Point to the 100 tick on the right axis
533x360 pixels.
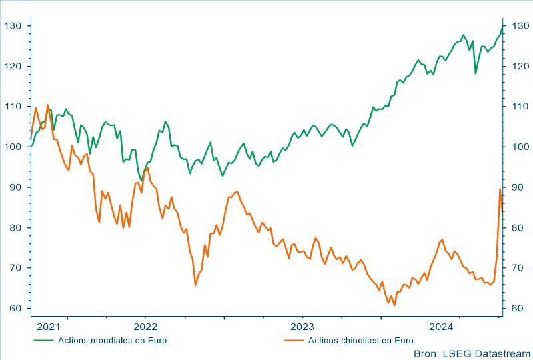(x=517, y=147)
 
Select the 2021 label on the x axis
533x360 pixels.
(x=49, y=327)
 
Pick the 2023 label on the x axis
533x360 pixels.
(x=302, y=327)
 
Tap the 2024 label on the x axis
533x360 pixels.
(x=442, y=327)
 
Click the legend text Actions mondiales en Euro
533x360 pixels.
(x=112, y=340)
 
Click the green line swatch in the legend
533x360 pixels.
(x=43, y=340)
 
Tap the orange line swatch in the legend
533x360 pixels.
(x=294, y=340)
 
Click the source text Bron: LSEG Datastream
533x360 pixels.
(x=472, y=353)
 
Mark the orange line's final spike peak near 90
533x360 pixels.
(x=500, y=189)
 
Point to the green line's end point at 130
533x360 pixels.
(x=503, y=26)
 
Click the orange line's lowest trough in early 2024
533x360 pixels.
(x=394, y=305)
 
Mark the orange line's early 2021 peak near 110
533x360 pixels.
(x=47, y=105)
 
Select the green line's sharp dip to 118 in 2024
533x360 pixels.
(x=476, y=73)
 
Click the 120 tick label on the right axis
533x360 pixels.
(x=517, y=66)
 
